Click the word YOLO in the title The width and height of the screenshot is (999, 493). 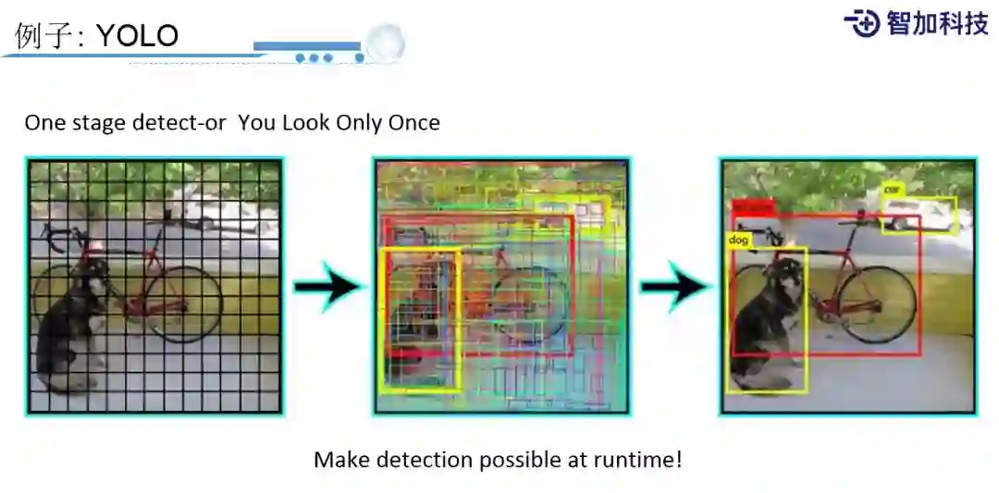137,35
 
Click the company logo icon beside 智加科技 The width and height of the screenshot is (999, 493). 861,23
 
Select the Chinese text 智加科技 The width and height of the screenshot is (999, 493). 937,23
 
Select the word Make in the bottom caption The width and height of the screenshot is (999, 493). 339,459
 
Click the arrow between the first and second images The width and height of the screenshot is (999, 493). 327,287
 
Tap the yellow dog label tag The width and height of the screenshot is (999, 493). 738,240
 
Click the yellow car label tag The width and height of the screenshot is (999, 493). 892,190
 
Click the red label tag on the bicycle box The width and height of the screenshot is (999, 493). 751,207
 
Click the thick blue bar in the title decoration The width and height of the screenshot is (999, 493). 306,45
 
